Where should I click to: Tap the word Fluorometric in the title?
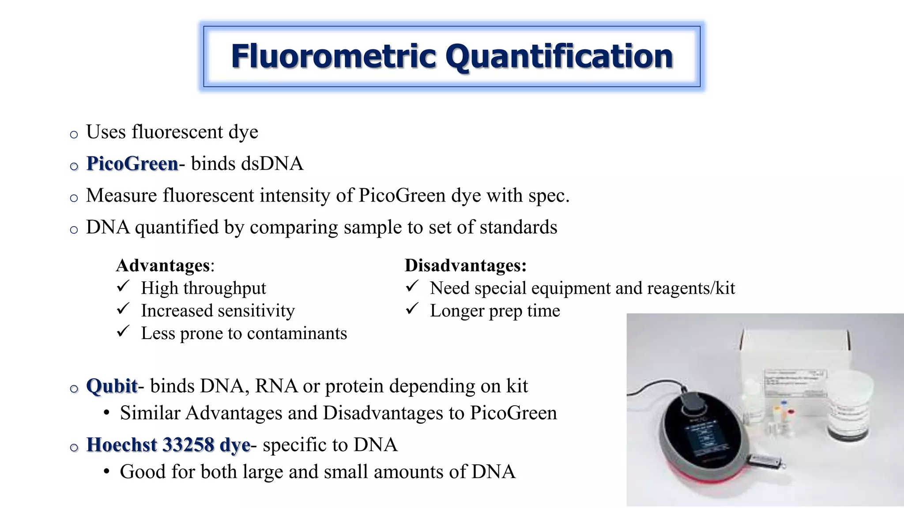click(334, 56)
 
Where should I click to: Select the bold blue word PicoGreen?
click(132, 164)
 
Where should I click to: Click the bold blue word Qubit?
click(112, 386)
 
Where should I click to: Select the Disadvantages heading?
click(465, 265)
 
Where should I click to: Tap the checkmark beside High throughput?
click(123, 286)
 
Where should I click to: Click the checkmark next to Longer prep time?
click(412, 309)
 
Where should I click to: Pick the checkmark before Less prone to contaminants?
click(123, 331)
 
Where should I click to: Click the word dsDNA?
click(272, 164)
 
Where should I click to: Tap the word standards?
click(518, 227)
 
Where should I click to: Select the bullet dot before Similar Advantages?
click(106, 413)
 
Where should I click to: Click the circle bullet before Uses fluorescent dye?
click(74, 134)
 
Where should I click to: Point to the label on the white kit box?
click(795, 381)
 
